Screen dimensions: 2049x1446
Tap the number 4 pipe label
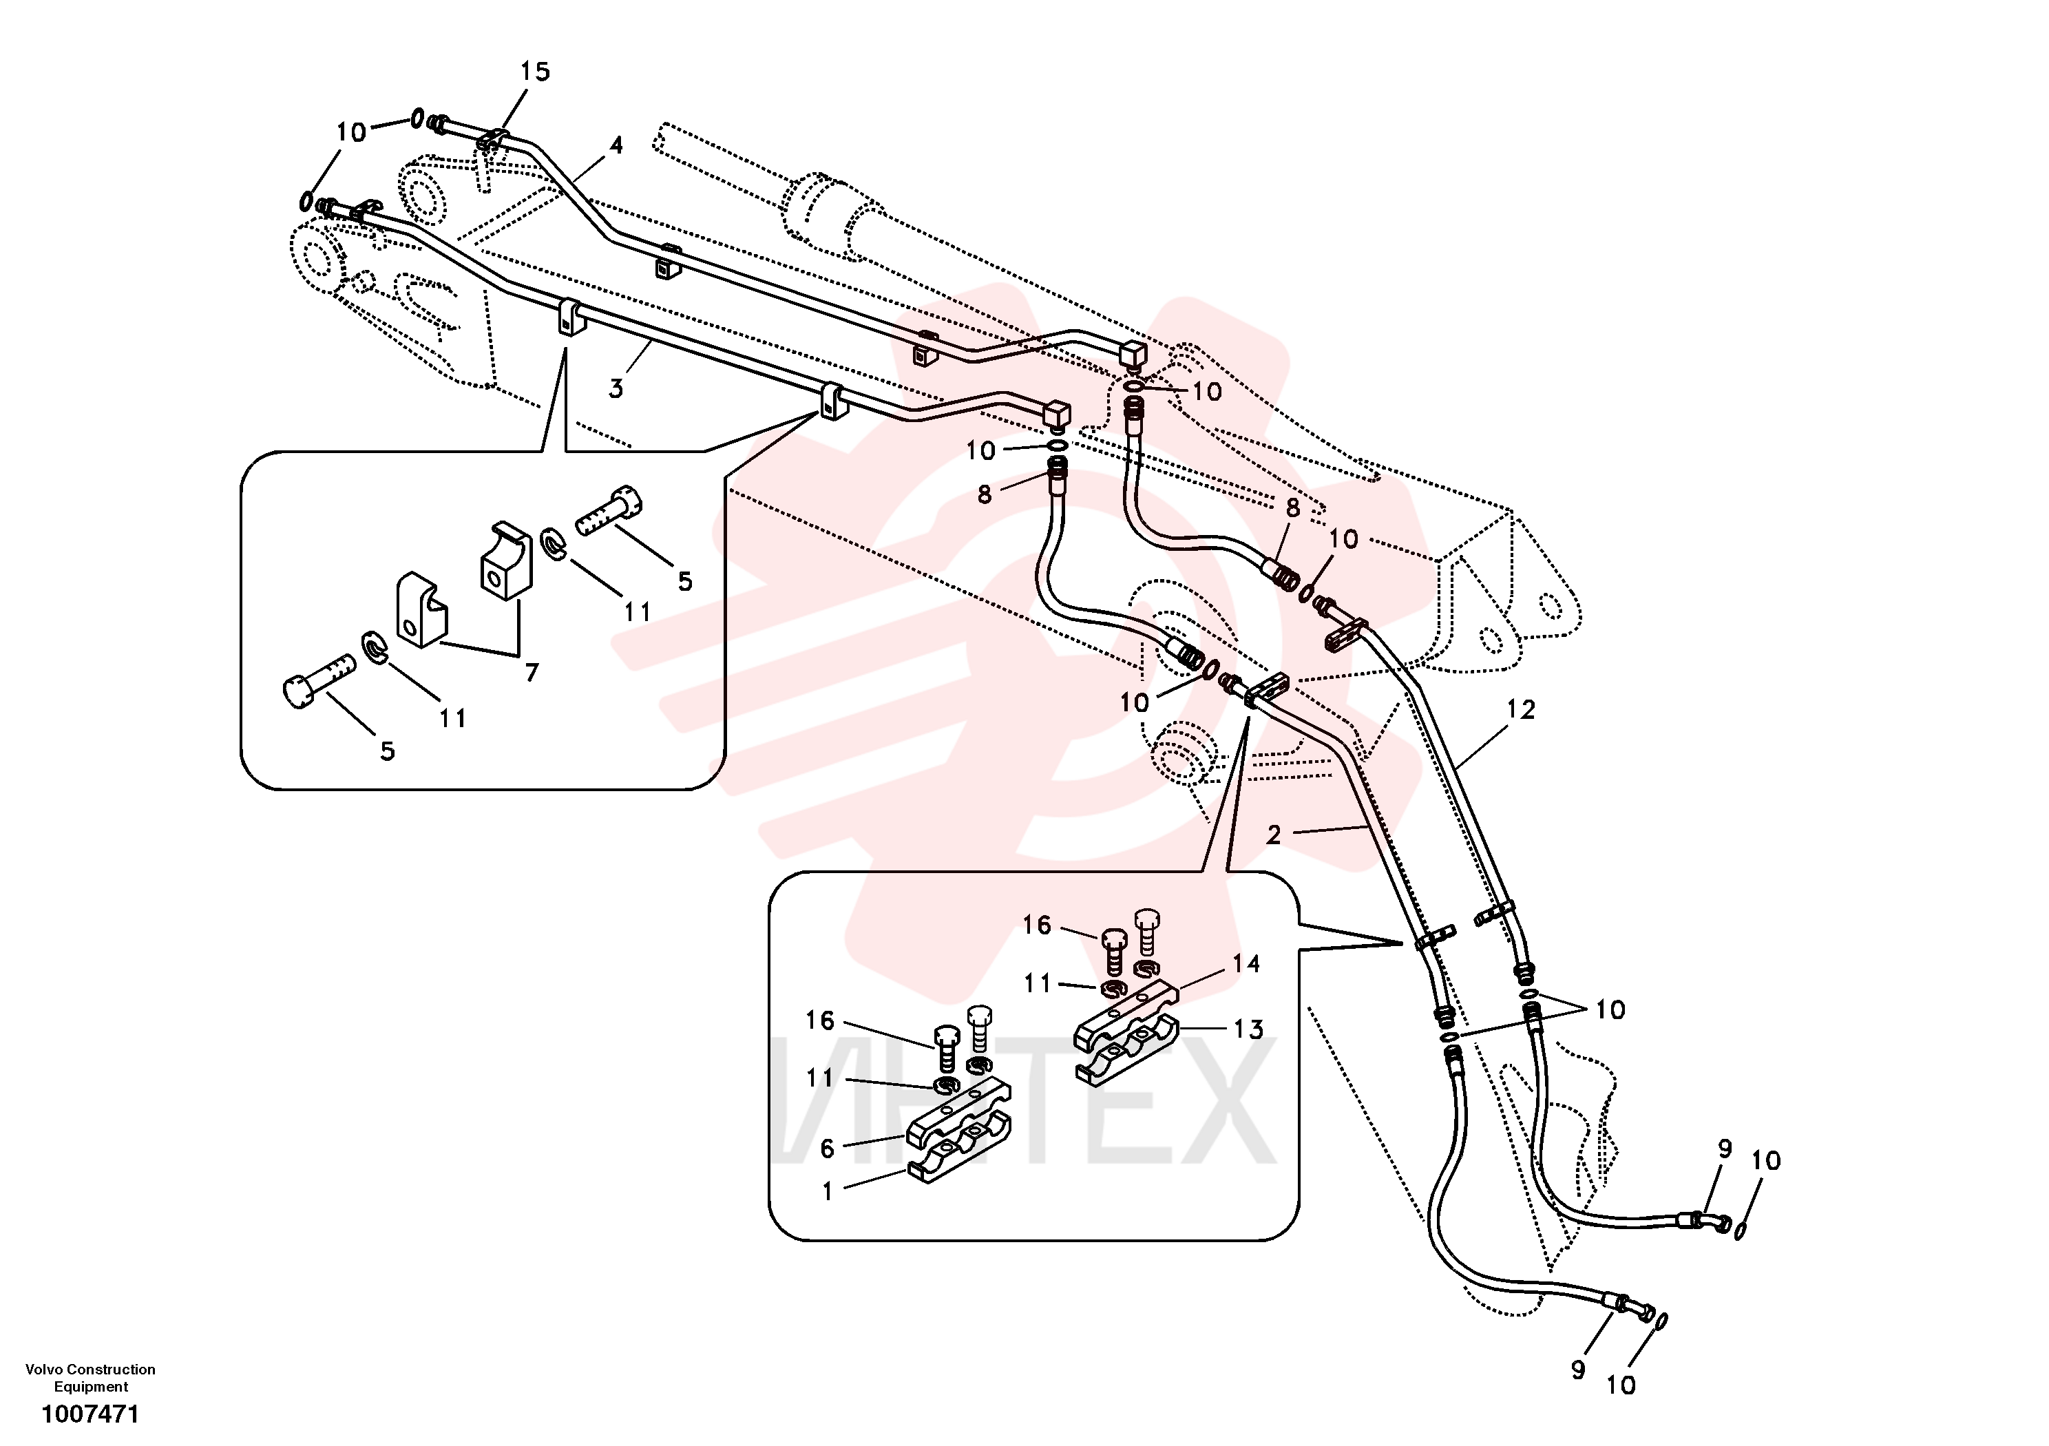pos(616,145)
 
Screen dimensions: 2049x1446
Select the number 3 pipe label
pos(616,388)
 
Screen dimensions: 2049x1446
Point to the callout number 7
pos(532,672)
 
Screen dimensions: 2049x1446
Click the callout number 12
pos(1521,710)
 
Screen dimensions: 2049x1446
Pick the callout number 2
pos(1274,835)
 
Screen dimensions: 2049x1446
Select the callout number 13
pos(1248,1029)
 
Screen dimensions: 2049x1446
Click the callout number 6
pos(828,1149)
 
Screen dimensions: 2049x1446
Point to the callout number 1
pos(828,1192)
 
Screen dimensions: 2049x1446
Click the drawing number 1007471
pos(90,1415)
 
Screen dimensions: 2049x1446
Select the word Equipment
pos(91,1387)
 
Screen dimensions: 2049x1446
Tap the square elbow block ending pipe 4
pos(1133,355)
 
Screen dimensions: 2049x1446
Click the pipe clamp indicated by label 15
pos(492,141)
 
